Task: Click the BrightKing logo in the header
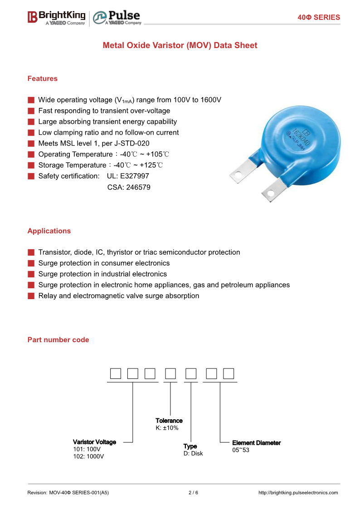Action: point(57,17)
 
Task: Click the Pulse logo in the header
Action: point(117,18)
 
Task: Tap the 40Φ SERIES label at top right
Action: point(318,17)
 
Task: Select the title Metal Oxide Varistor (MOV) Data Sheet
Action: point(180,45)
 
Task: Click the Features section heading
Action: point(43,78)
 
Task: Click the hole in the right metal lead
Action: point(271,193)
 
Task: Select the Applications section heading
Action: point(49,231)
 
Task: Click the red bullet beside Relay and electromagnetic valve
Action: point(31,296)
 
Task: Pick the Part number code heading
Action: point(58,339)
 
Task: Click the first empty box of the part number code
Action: point(116,374)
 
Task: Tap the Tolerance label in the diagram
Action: point(169,421)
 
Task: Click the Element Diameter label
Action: point(256,443)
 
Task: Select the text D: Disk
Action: point(193,454)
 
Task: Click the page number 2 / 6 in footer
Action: point(193,493)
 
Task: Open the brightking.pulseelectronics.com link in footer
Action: point(298,493)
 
